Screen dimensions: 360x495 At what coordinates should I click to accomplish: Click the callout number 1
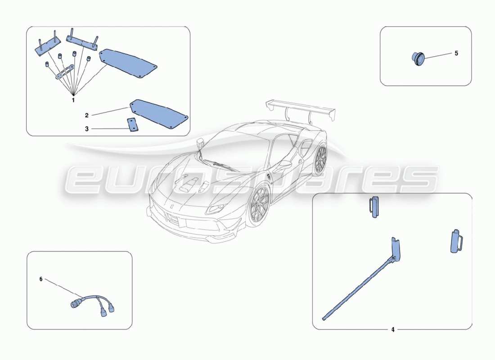pos(73,100)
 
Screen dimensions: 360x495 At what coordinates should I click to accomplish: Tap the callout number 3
pos(86,129)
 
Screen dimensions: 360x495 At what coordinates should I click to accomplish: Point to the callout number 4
pos(392,329)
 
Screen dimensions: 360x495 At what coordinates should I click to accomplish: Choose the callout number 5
pos(456,53)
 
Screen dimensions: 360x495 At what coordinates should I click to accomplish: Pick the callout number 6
pos(41,279)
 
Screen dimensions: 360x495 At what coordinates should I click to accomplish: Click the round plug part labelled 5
pos(418,58)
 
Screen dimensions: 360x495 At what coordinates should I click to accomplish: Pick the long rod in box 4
pos(360,288)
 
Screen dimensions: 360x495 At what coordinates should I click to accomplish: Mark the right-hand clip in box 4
pos(456,242)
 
